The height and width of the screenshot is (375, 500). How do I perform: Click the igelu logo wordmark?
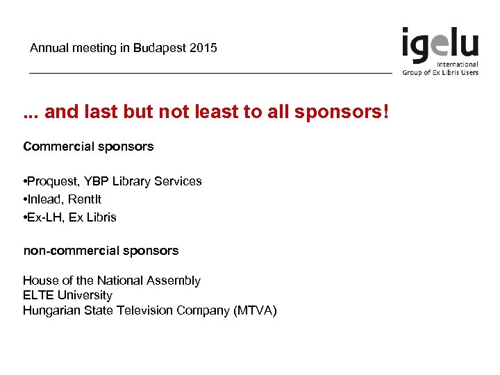point(440,44)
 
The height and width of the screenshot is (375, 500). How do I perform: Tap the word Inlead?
point(46,199)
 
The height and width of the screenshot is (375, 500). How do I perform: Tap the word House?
point(39,281)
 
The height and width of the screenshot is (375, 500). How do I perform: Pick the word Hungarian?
point(50,310)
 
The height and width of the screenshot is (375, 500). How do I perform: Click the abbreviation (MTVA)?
point(255,310)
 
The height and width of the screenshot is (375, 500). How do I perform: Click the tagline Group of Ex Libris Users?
point(440,72)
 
